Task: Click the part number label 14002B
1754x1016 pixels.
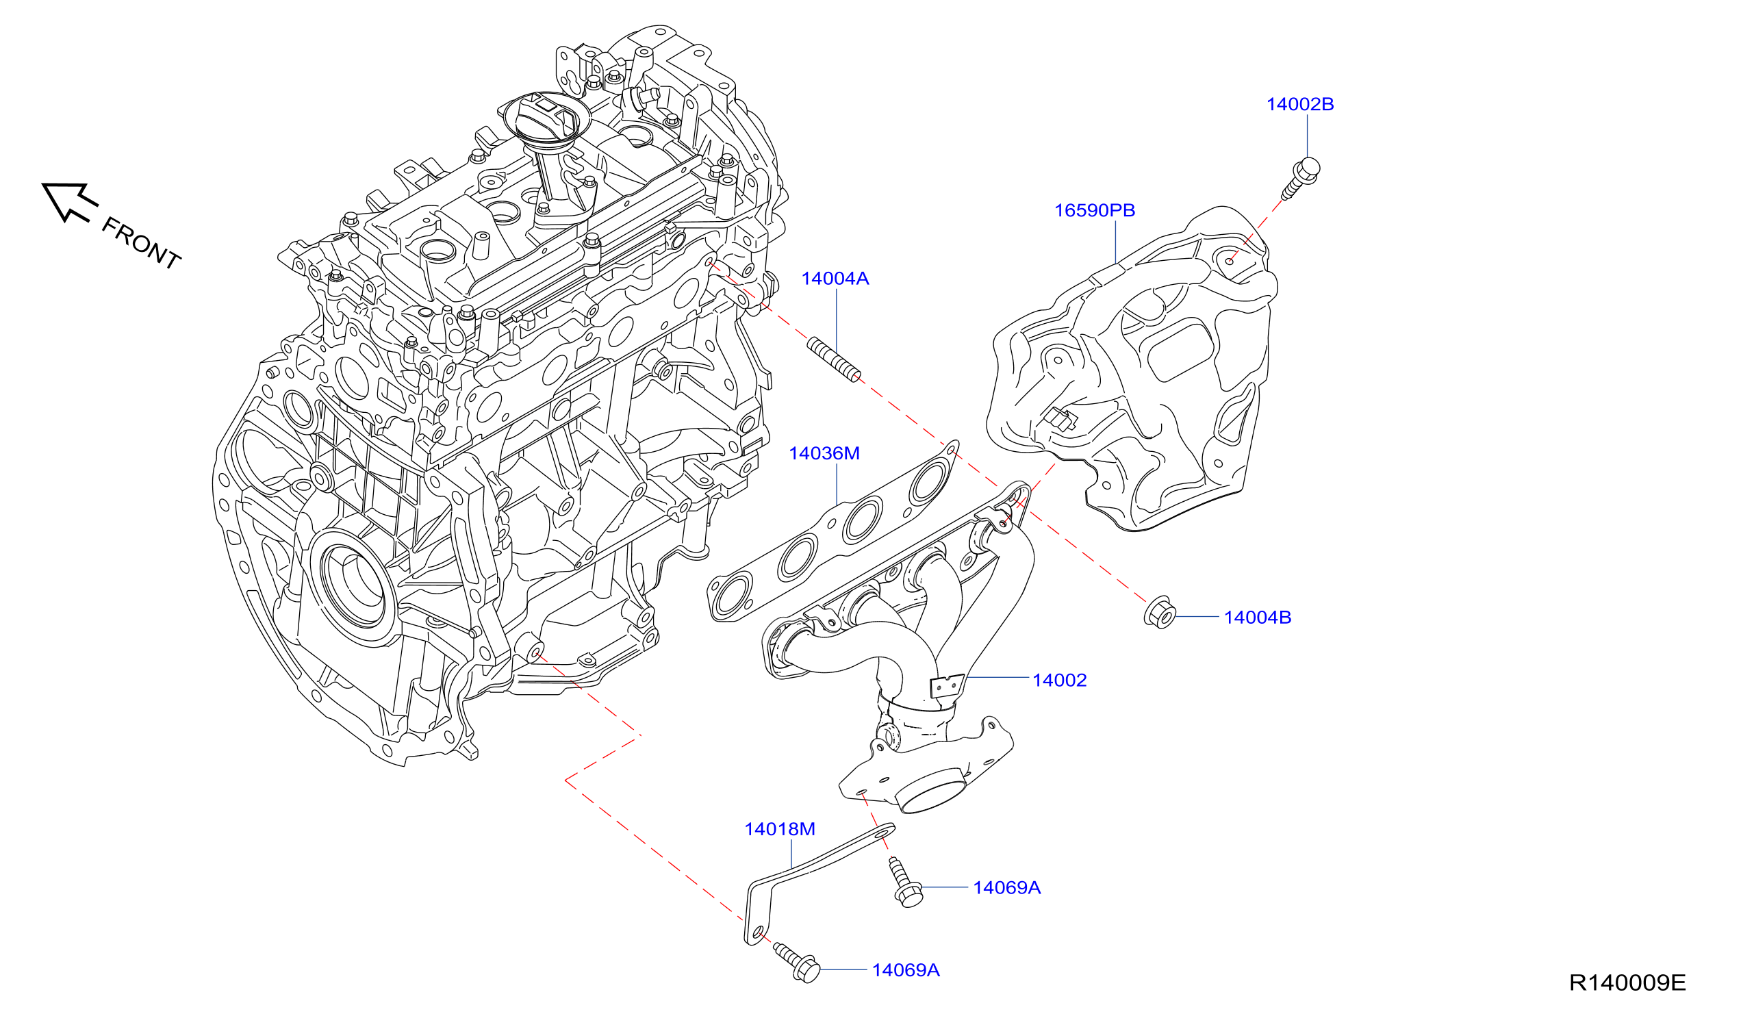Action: click(x=1299, y=104)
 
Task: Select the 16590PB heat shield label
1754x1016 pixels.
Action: click(x=1094, y=210)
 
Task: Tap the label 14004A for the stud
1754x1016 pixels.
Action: click(x=835, y=279)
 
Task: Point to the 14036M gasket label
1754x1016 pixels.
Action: click(x=824, y=453)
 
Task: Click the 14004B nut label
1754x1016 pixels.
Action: click(x=1257, y=618)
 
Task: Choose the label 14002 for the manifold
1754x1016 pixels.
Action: click(x=1059, y=680)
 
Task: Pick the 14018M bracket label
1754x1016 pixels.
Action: click(x=780, y=829)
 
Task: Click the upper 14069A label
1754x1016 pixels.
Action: click(x=1006, y=887)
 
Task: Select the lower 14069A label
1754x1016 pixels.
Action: click(x=906, y=969)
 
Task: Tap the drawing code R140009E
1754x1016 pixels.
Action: click(x=1627, y=982)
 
